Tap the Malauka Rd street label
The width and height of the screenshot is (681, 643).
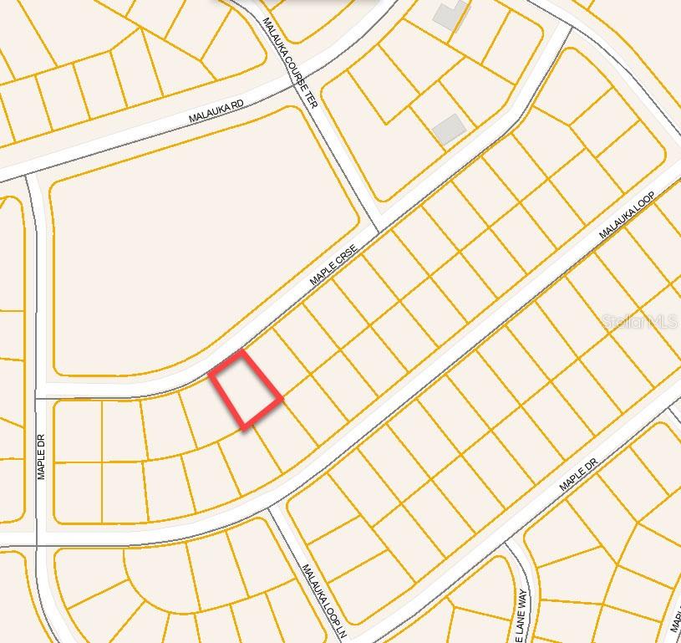pyautogui.click(x=216, y=111)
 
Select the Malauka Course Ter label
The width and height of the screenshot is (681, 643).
pyautogui.click(x=291, y=63)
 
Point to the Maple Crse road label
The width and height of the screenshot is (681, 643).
pyautogui.click(x=333, y=264)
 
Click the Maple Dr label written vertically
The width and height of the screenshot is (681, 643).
pyautogui.click(x=42, y=456)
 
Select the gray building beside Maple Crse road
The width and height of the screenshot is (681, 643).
pyautogui.click(x=449, y=129)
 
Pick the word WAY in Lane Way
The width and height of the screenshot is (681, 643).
pyautogui.click(x=521, y=600)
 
